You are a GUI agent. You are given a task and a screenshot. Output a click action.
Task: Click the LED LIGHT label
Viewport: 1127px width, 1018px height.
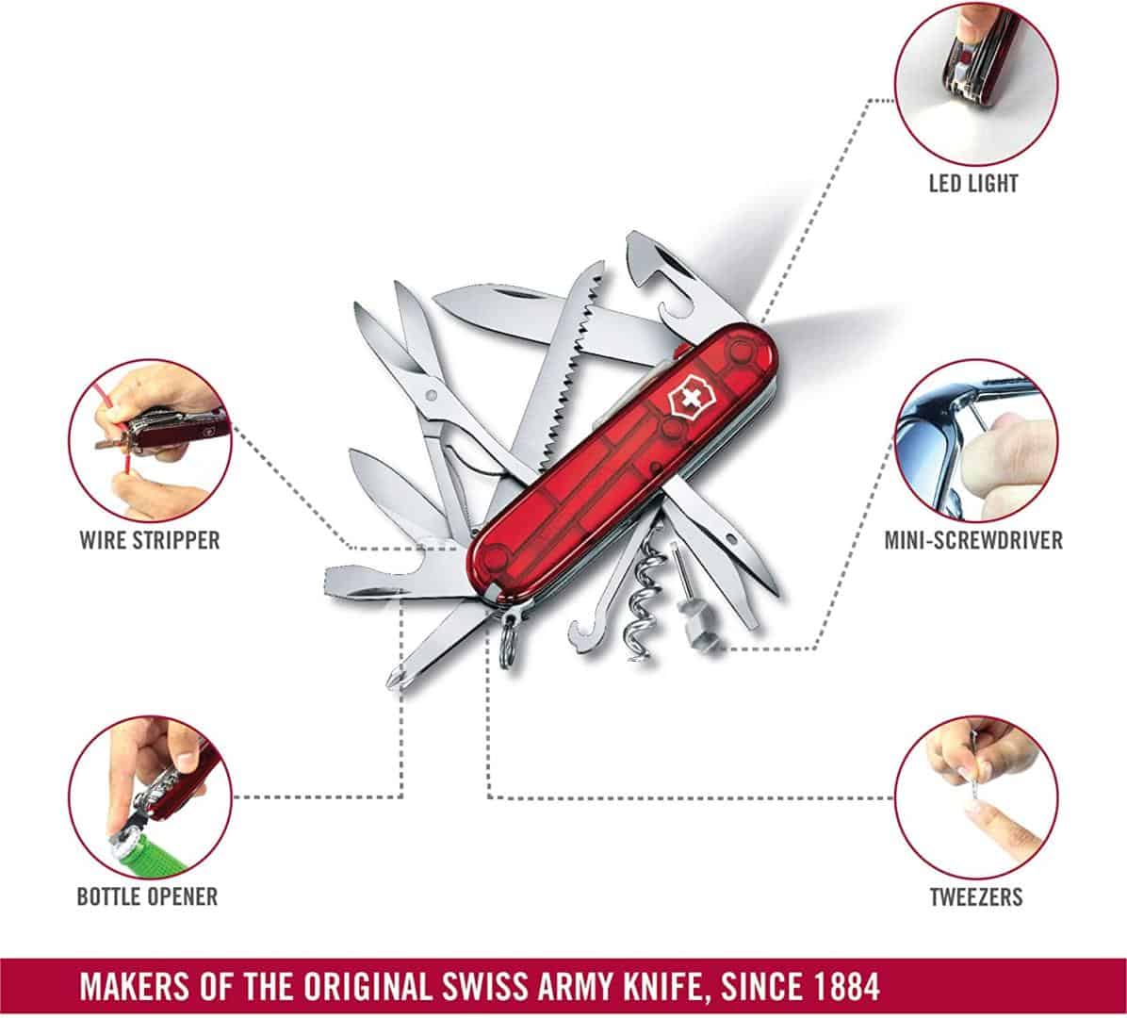tap(973, 183)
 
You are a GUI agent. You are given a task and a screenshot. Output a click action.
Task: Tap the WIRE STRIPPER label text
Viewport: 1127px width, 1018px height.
tap(150, 540)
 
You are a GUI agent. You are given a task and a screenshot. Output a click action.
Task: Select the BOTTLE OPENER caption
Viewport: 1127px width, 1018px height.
tap(147, 895)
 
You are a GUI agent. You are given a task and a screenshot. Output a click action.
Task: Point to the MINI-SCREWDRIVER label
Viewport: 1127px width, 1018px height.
tap(973, 540)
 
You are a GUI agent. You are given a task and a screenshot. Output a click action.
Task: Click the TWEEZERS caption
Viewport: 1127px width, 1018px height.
tap(976, 895)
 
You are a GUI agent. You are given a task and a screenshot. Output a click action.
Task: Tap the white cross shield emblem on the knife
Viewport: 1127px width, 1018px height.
tap(686, 401)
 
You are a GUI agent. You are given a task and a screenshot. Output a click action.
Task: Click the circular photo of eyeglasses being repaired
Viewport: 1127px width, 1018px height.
tap(975, 441)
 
